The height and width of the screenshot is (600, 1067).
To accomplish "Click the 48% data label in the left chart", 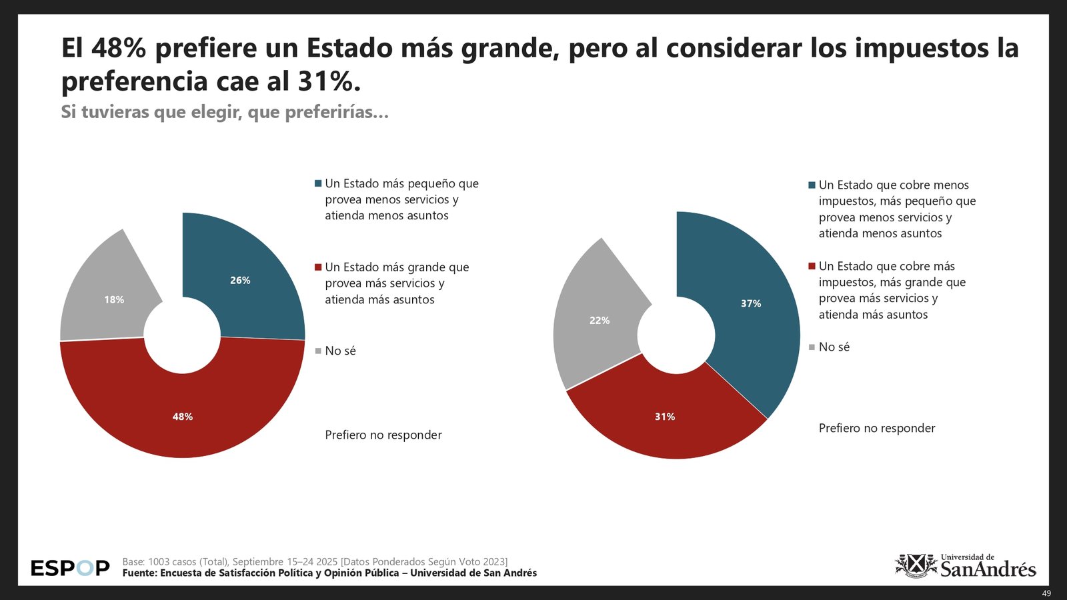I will [x=183, y=417].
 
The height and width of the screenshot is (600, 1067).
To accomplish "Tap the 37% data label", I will [x=751, y=303].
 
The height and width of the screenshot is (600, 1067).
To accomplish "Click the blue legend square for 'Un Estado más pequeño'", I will [x=318, y=183].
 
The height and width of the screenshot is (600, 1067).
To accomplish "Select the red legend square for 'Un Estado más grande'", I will [x=318, y=267].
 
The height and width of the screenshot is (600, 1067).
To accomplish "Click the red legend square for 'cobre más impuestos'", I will [x=812, y=266].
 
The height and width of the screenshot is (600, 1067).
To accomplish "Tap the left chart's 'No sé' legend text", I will [x=340, y=351].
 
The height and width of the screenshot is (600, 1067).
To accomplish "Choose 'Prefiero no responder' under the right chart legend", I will [x=876, y=428].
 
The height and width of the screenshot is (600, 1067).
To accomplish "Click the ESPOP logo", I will [x=70, y=568].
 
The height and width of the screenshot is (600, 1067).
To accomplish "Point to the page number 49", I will [x=1046, y=593].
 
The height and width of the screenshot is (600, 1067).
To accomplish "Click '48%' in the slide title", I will [x=119, y=48].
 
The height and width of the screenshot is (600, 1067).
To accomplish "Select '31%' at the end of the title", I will [x=324, y=81].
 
